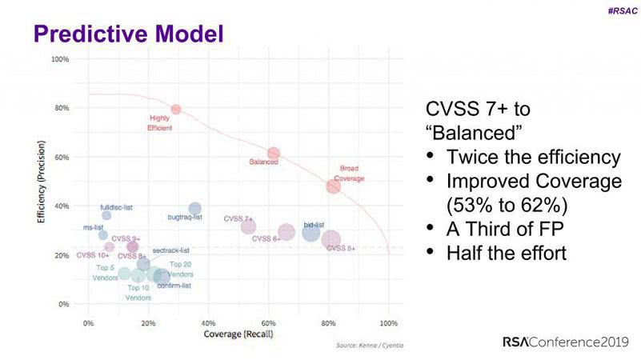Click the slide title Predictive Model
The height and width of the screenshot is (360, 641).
[x=127, y=34]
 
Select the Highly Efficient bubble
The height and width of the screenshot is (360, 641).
[x=176, y=109]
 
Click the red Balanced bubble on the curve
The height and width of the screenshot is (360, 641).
[x=274, y=153]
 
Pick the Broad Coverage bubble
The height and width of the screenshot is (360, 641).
[x=333, y=186]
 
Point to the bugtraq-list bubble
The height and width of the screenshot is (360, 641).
[x=195, y=209]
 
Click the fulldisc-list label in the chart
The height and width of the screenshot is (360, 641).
[x=116, y=207]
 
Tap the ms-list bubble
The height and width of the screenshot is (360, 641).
[x=102, y=234]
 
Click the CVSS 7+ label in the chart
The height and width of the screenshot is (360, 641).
[x=238, y=218]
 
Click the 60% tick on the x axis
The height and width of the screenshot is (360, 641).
[x=268, y=322]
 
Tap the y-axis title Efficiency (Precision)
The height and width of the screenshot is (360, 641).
[x=40, y=182]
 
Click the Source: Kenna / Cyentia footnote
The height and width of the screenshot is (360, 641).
[x=371, y=346]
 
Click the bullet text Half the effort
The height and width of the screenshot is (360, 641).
[x=507, y=253]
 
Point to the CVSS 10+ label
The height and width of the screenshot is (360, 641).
[x=93, y=255]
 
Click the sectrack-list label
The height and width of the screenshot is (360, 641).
[x=170, y=250]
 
